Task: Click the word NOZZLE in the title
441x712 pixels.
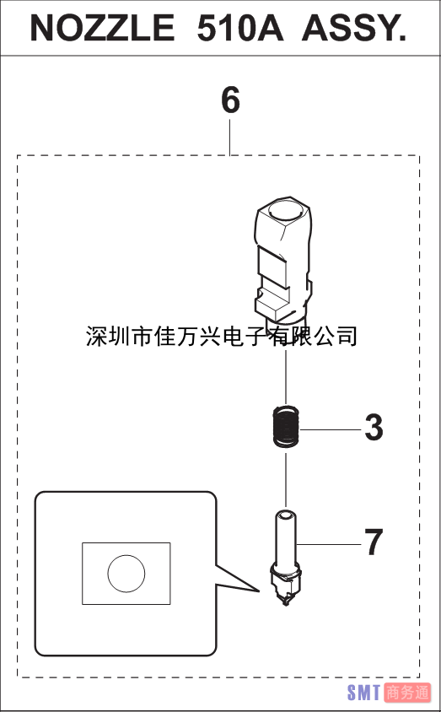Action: pyautogui.click(x=103, y=28)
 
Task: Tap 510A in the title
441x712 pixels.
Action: pyautogui.click(x=240, y=28)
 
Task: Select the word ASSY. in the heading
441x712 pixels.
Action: pyautogui.click(x=354, y=28)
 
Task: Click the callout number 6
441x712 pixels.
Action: pyautogui.click(x=230, y=100)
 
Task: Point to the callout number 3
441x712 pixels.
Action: pyautogui.click(x=374, y=428)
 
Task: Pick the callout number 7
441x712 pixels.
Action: pyautogui.click(x=374, y=542)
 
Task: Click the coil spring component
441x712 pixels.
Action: pyautogui.click(x=286, y=427)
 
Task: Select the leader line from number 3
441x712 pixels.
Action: pyautogui.click(x=331, y=429)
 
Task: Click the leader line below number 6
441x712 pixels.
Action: pyautogui.click(x=230, y=137)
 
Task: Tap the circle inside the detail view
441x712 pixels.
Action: pyautogui.click(x=126, y=574)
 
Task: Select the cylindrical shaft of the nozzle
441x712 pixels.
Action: pyautogui.click(x=286, y=538)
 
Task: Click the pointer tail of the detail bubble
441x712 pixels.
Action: pyautogui.click(x=236, y=579)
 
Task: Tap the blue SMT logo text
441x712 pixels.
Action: pyautogui.click(x=363, y=693)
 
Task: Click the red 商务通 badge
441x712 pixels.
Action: pyautogui.click(x=407, y=693)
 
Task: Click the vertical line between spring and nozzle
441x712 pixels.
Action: pyautogui.click(x=286, y=479)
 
